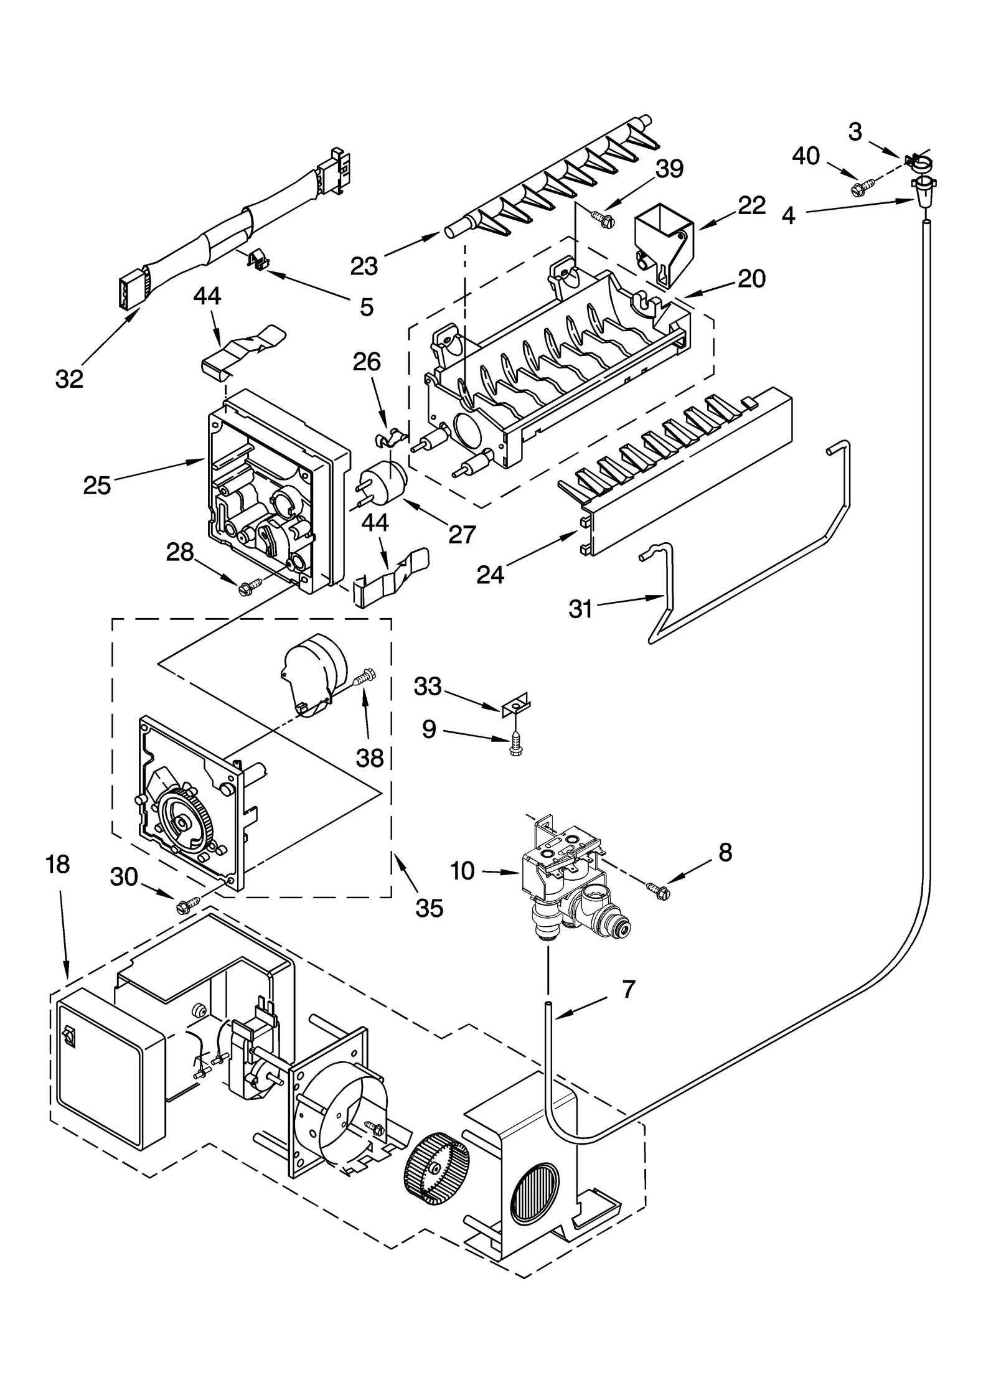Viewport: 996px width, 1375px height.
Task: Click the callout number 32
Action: (x=68, y=378)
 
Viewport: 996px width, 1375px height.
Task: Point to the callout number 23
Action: (x=364, y=266)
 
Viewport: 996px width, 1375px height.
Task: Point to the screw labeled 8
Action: (x=659, y=891)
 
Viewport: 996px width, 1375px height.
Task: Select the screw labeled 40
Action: (x=864, y=185)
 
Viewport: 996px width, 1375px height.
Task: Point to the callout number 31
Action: (x=580, y=609)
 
